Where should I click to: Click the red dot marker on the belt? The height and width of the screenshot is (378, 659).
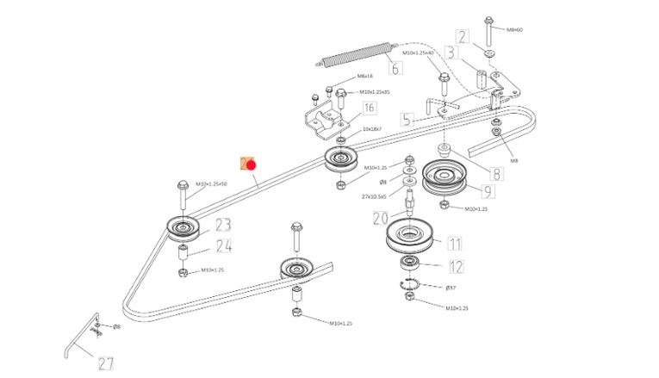[x=252, y=164]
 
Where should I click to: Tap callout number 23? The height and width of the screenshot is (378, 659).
[x=223, y=226]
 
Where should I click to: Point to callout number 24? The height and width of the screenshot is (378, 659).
[x=224, y=247]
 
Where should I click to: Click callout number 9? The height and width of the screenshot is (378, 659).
[x=487, y=191]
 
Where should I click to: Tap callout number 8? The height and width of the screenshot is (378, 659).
[x=496, y=172]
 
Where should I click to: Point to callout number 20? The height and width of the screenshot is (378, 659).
[x=381, y=219]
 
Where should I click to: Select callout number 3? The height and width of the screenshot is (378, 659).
[x=450, y=53]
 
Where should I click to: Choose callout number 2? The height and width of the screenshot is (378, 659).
[x=463, y=36]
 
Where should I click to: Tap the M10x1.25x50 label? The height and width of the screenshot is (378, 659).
[x=210, y=183]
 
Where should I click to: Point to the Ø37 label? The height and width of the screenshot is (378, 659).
[x=450, y=287]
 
